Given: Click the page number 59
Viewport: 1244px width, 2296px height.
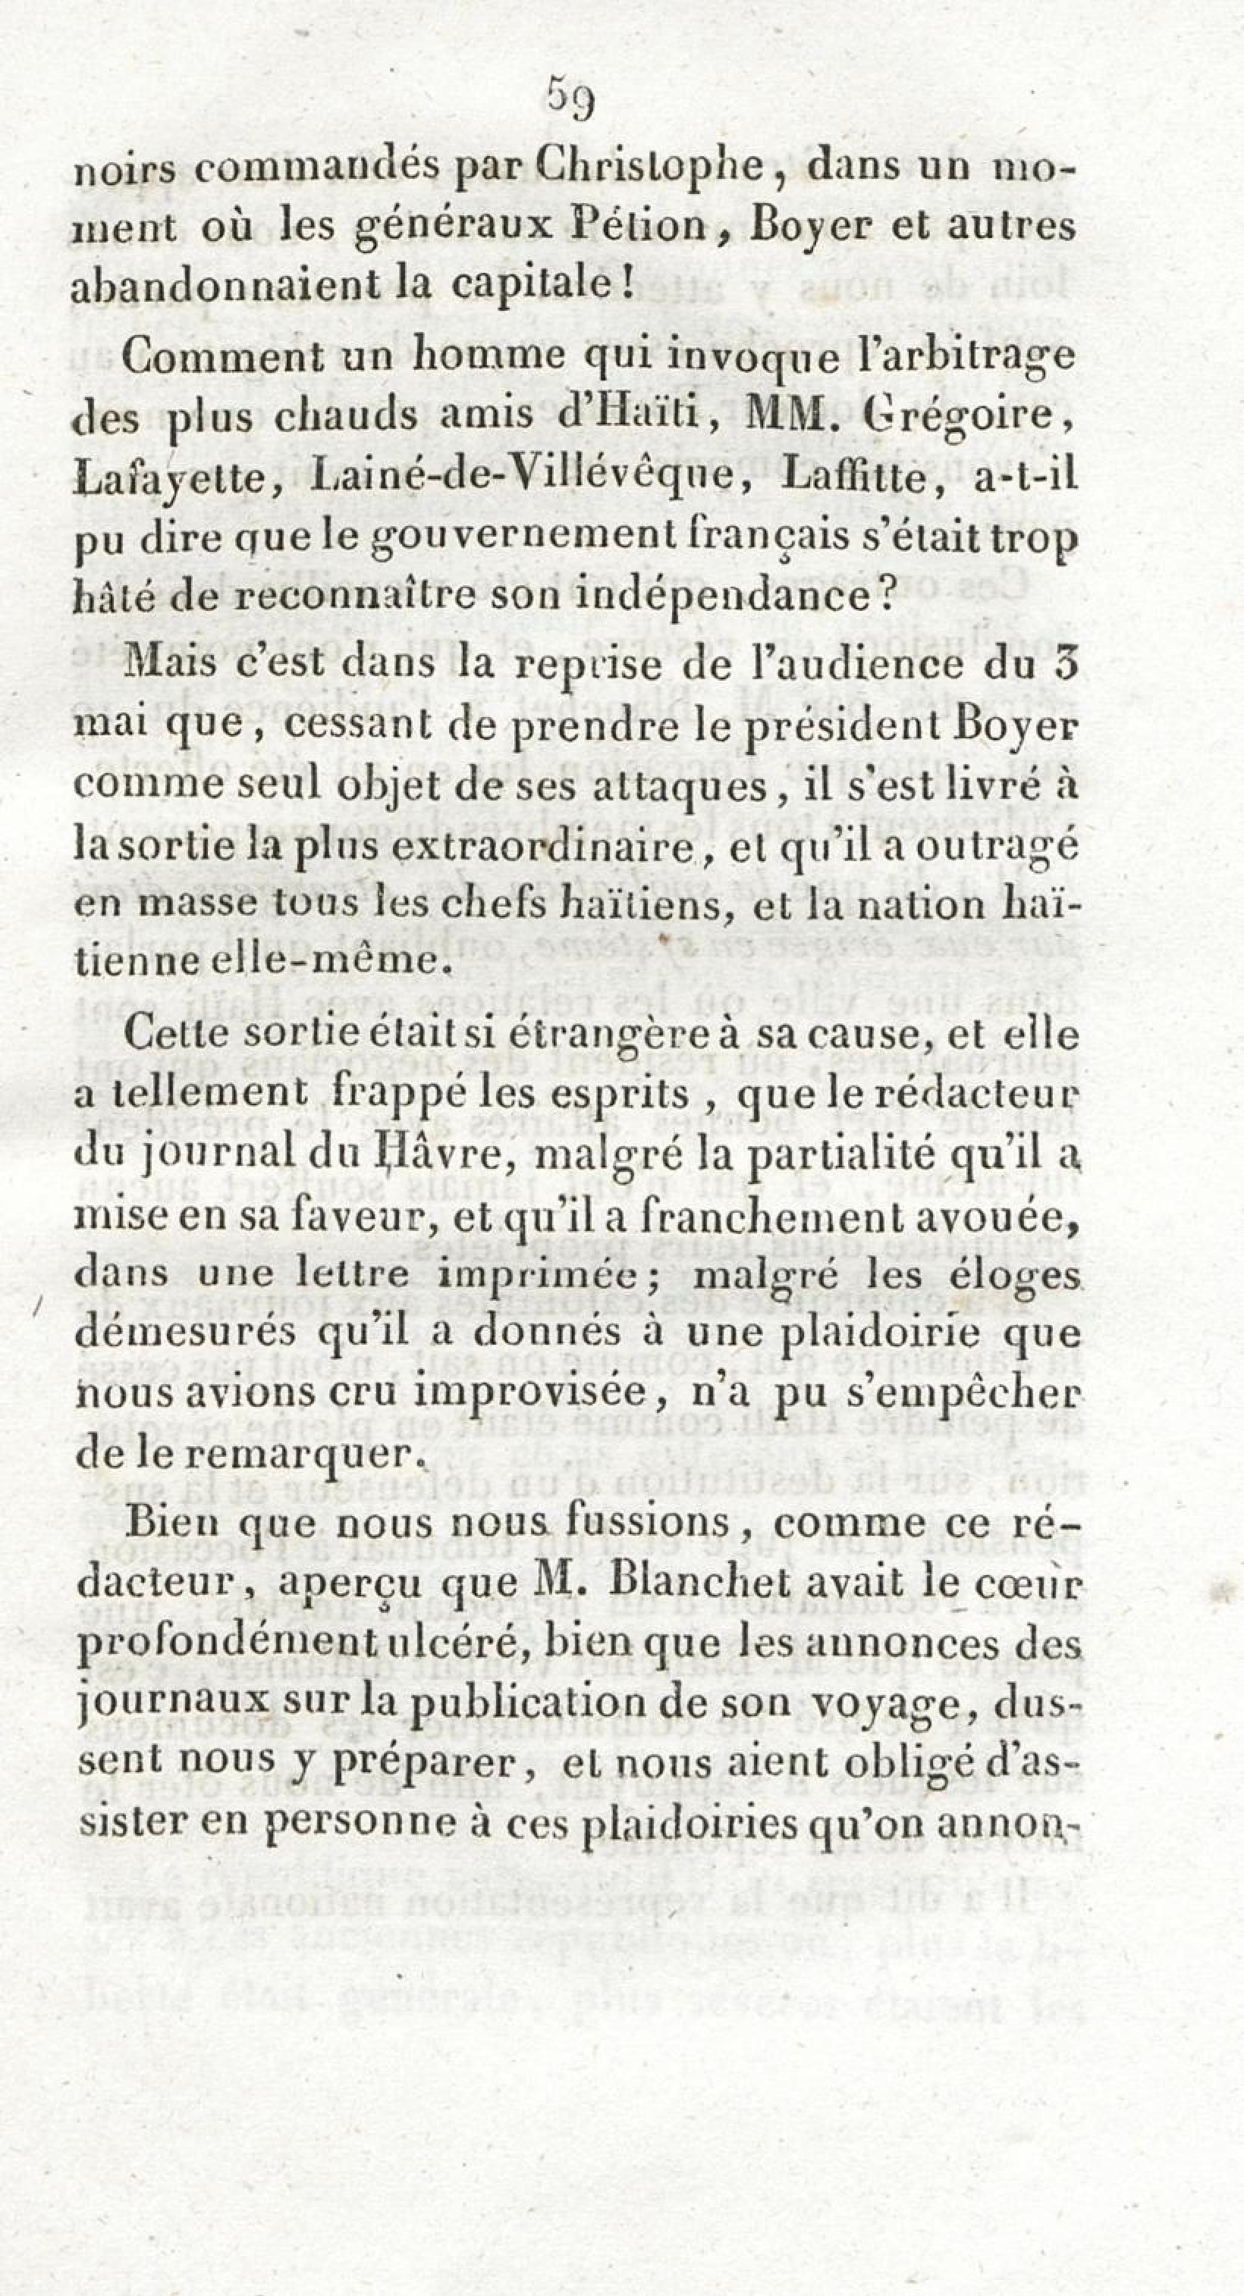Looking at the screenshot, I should (570, 98).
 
